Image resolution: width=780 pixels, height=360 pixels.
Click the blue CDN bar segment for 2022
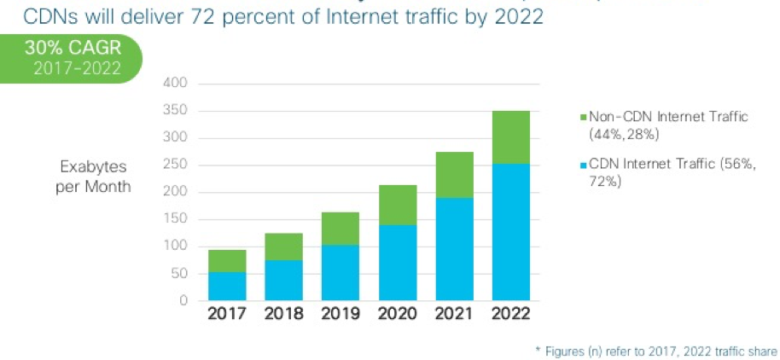510,232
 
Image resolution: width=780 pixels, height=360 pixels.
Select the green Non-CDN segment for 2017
228,261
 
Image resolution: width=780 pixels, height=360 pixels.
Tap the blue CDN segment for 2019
341,273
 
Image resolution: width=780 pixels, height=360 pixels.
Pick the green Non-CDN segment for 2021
454,175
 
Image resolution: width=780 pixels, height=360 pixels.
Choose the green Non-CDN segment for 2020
398,205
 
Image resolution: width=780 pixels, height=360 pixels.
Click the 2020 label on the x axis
398,313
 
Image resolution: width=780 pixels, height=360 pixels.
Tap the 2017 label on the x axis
228,313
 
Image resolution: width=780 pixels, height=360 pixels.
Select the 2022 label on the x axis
510,313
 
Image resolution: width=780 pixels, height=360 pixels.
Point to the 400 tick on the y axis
174,84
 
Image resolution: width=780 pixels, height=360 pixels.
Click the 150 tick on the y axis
174,219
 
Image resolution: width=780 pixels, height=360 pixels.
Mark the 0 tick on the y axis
182,300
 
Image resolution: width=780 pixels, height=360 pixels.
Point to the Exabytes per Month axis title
94,176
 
